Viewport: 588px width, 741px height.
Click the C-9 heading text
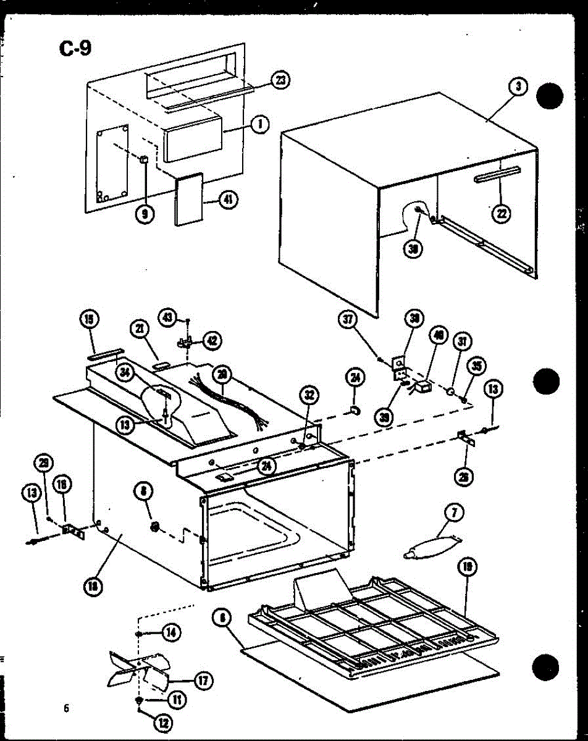point(75,47)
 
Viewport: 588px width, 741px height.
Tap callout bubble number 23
point(281,81)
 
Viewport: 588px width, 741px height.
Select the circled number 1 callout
point(261,124)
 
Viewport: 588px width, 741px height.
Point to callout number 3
point(518,87)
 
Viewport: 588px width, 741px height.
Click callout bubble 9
point(145,214)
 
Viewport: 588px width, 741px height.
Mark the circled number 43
point(167,317)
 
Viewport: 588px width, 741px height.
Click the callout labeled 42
point(212,340)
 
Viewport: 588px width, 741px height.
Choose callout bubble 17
point(202,680)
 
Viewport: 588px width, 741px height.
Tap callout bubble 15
point(90,320)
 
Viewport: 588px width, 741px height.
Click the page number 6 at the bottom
point(65,708)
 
